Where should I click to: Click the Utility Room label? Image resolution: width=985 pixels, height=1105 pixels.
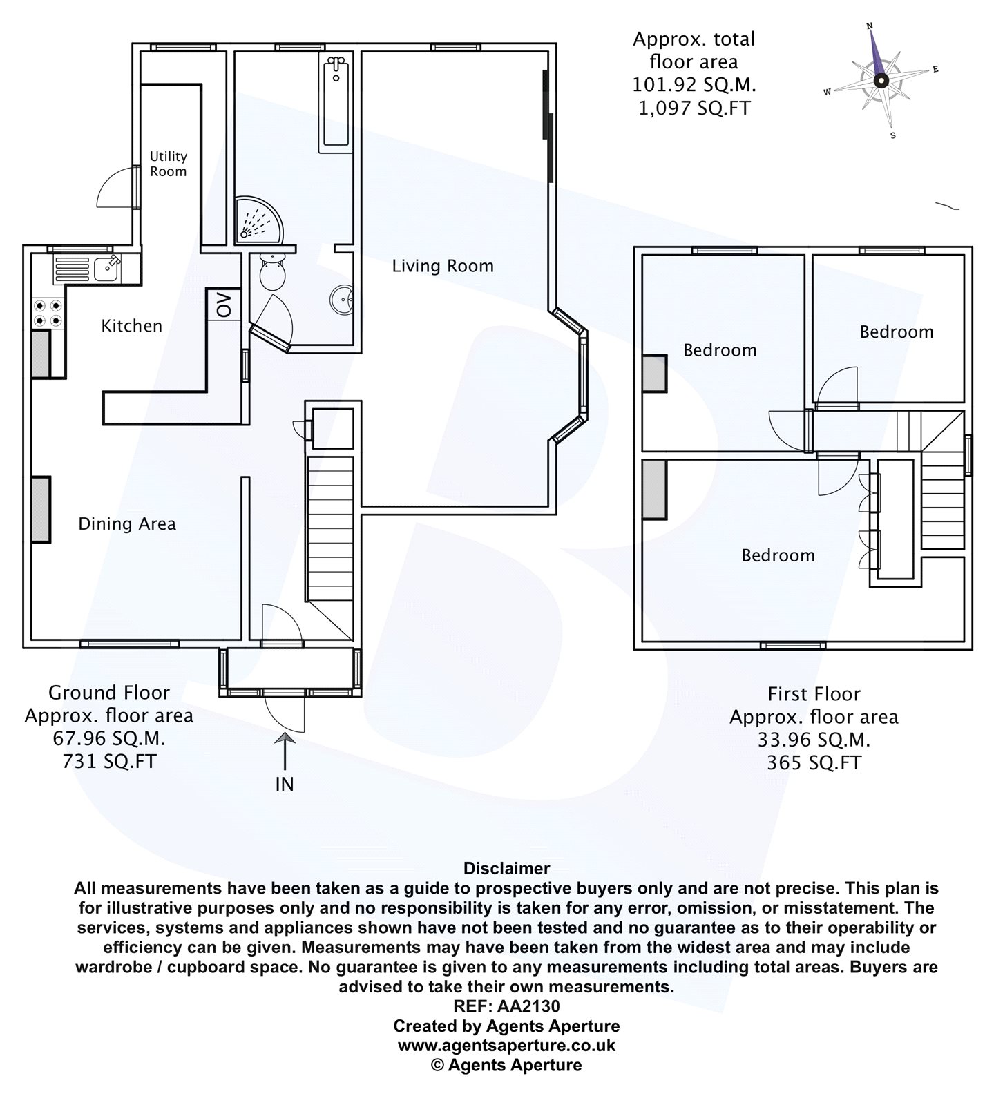tap(169, 164)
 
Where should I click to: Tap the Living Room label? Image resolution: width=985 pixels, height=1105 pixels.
tap(443, 266)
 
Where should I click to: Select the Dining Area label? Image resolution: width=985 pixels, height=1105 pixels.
tap(127, 524)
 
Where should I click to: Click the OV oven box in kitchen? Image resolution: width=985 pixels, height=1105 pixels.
tap(225, 304)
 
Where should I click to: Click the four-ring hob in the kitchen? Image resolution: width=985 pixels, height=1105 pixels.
tap(48, 312)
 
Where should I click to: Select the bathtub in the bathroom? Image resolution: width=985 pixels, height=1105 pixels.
tap(336, 104)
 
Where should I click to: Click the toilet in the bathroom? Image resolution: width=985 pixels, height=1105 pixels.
tap(273, 271)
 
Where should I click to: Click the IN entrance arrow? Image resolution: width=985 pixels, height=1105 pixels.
tap(285, 760)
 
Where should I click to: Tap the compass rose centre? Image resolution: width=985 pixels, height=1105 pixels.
tap(880, 80)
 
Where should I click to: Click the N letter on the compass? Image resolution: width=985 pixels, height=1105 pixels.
tap(870, 26)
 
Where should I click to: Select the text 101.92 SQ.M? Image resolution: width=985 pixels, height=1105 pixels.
tap(694, 85)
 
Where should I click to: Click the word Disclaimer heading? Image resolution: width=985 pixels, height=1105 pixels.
tap(506, 868)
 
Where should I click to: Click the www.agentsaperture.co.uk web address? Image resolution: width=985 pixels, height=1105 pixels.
tap(506, 1046)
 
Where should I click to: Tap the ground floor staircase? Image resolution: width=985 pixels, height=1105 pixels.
tap(330, 532)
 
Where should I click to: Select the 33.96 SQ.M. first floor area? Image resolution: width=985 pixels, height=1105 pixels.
tap(814, 740)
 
